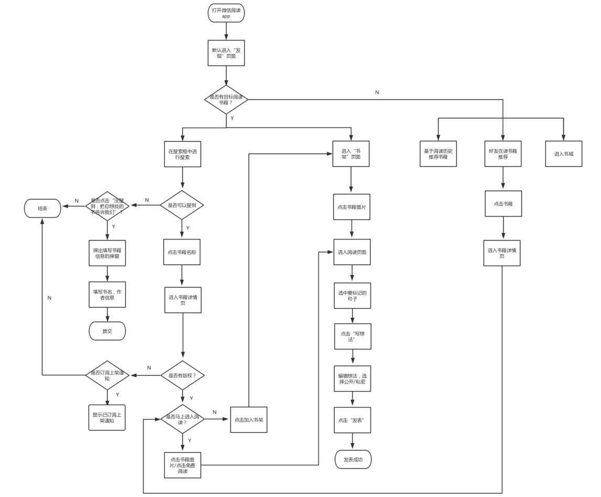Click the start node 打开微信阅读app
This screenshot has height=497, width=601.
click(226, 13)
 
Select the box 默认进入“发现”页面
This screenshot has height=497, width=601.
click(226, 53)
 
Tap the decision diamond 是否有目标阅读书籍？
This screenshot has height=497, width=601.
click(226, 100)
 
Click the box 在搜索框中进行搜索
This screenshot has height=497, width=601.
click(182, 154)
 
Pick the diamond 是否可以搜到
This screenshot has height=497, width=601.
click(182, 206)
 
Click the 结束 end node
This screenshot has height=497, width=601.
click(43, 209)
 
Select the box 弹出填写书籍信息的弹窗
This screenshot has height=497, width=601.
click(107, 253)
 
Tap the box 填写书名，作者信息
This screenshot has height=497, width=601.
click(107, 295)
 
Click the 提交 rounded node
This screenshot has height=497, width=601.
click(107, 331)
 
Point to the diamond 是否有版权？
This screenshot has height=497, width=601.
click(182, 375)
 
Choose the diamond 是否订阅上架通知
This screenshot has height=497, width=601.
click(107, 375)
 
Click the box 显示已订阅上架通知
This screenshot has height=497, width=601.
click(107, 418)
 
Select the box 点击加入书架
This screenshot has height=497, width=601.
click(249, 419)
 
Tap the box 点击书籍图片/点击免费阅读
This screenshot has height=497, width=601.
click(182, 465)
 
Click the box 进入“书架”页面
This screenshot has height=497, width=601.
click(351, 154)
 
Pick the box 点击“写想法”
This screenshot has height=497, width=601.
click(353, 337)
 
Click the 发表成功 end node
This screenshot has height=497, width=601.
click(353, 460)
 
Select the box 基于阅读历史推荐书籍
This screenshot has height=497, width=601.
click(438, 154)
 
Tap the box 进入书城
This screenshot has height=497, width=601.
click(563, 154)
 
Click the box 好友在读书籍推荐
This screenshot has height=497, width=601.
click(502, 154)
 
